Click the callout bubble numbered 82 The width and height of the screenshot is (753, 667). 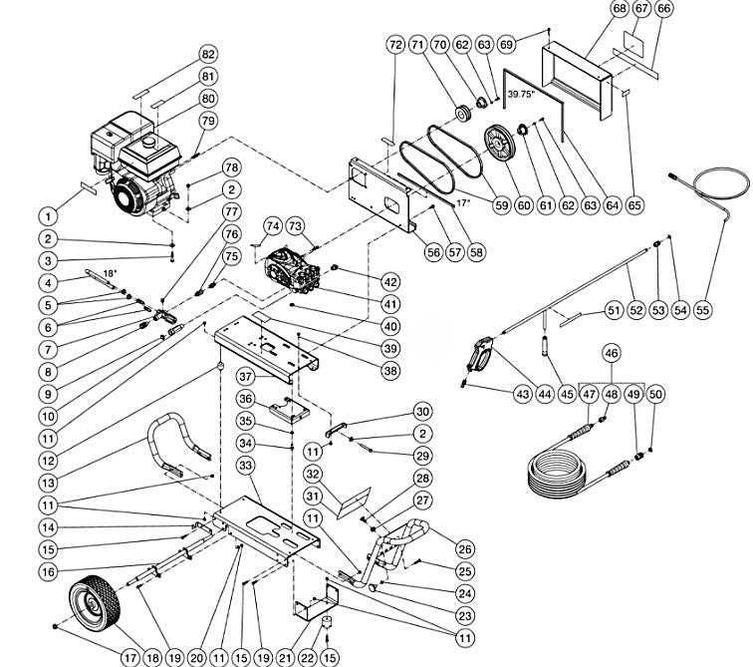(x=207, y=53)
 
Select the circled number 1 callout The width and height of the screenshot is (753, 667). (x=46, y=214)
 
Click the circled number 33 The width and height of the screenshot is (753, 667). (x=247, y=466)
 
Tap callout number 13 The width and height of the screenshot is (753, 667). (x=46, y=485)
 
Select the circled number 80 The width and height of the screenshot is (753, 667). (x=207, y=99)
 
